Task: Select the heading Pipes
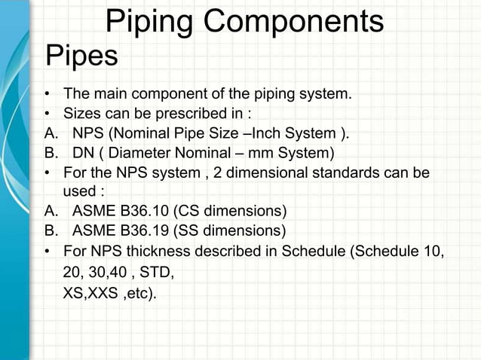82,56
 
